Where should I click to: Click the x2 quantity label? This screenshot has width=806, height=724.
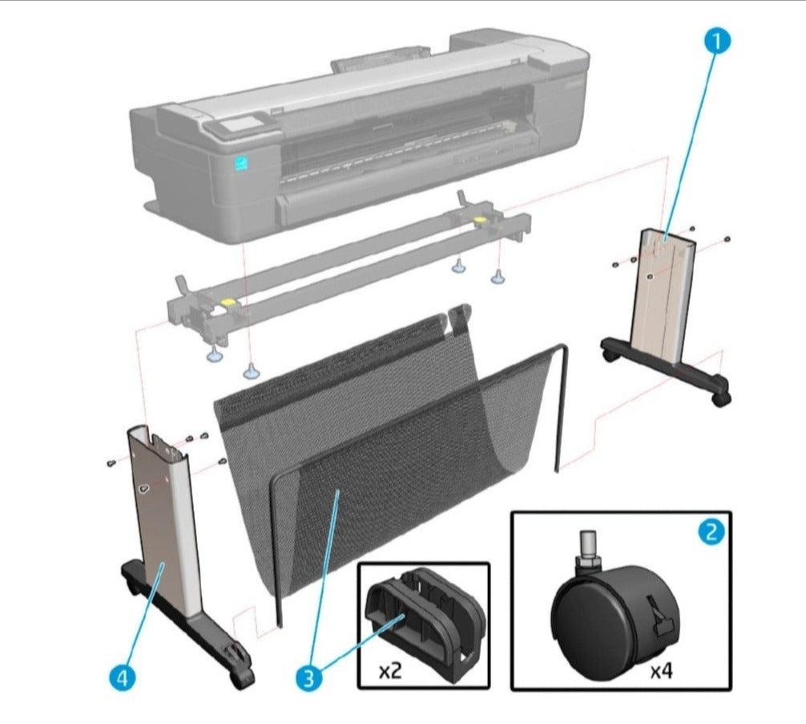tap(391, 670)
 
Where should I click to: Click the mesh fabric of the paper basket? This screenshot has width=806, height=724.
tap(361, 449)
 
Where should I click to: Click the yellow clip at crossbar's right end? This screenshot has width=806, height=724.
tap(480, 219)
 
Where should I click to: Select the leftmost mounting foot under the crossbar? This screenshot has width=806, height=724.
tap(215, 354)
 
